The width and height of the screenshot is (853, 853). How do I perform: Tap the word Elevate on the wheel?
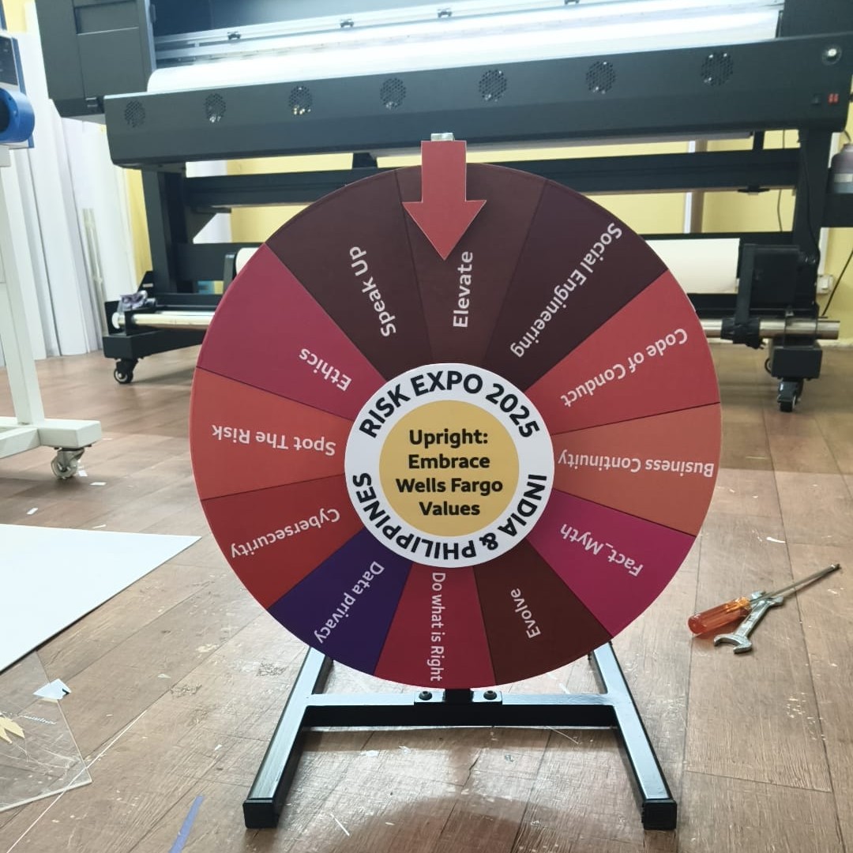click(x=462, y=289)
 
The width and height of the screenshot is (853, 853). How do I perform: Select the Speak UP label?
click(x=373, y=291)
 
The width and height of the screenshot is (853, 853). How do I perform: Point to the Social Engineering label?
click(x=566, y=289)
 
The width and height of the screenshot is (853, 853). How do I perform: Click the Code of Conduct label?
click(x=624, y=368)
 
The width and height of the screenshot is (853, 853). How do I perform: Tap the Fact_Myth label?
click(x=602, y=549)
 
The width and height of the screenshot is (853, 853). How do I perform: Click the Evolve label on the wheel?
click(x=525, y=612)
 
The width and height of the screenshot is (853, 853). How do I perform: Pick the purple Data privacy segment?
click(x=344, y=604)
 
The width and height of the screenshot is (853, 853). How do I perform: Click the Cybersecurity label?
click(x=285, y=532)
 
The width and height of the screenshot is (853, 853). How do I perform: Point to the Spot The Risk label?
click(x=273, y=440)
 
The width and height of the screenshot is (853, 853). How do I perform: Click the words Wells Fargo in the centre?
click(x=449, y=484)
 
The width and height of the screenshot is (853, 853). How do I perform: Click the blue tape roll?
click(x=15, y=115)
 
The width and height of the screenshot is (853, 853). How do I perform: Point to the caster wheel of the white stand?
click(x=66, y=463)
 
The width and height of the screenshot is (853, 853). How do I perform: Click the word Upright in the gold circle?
click(x=448, y=437)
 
